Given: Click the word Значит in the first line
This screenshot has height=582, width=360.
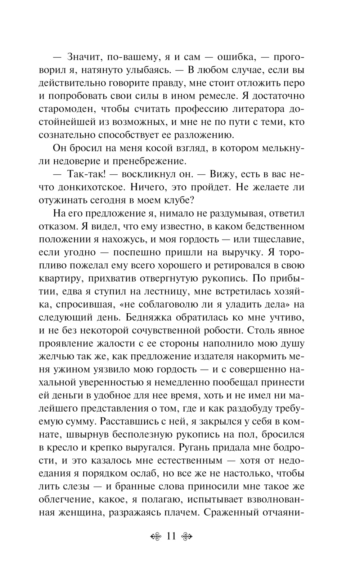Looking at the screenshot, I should pyautogui.click(x=86, y=57).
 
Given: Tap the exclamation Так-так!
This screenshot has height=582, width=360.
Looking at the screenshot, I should pyautogui.click(x=86, y=174).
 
